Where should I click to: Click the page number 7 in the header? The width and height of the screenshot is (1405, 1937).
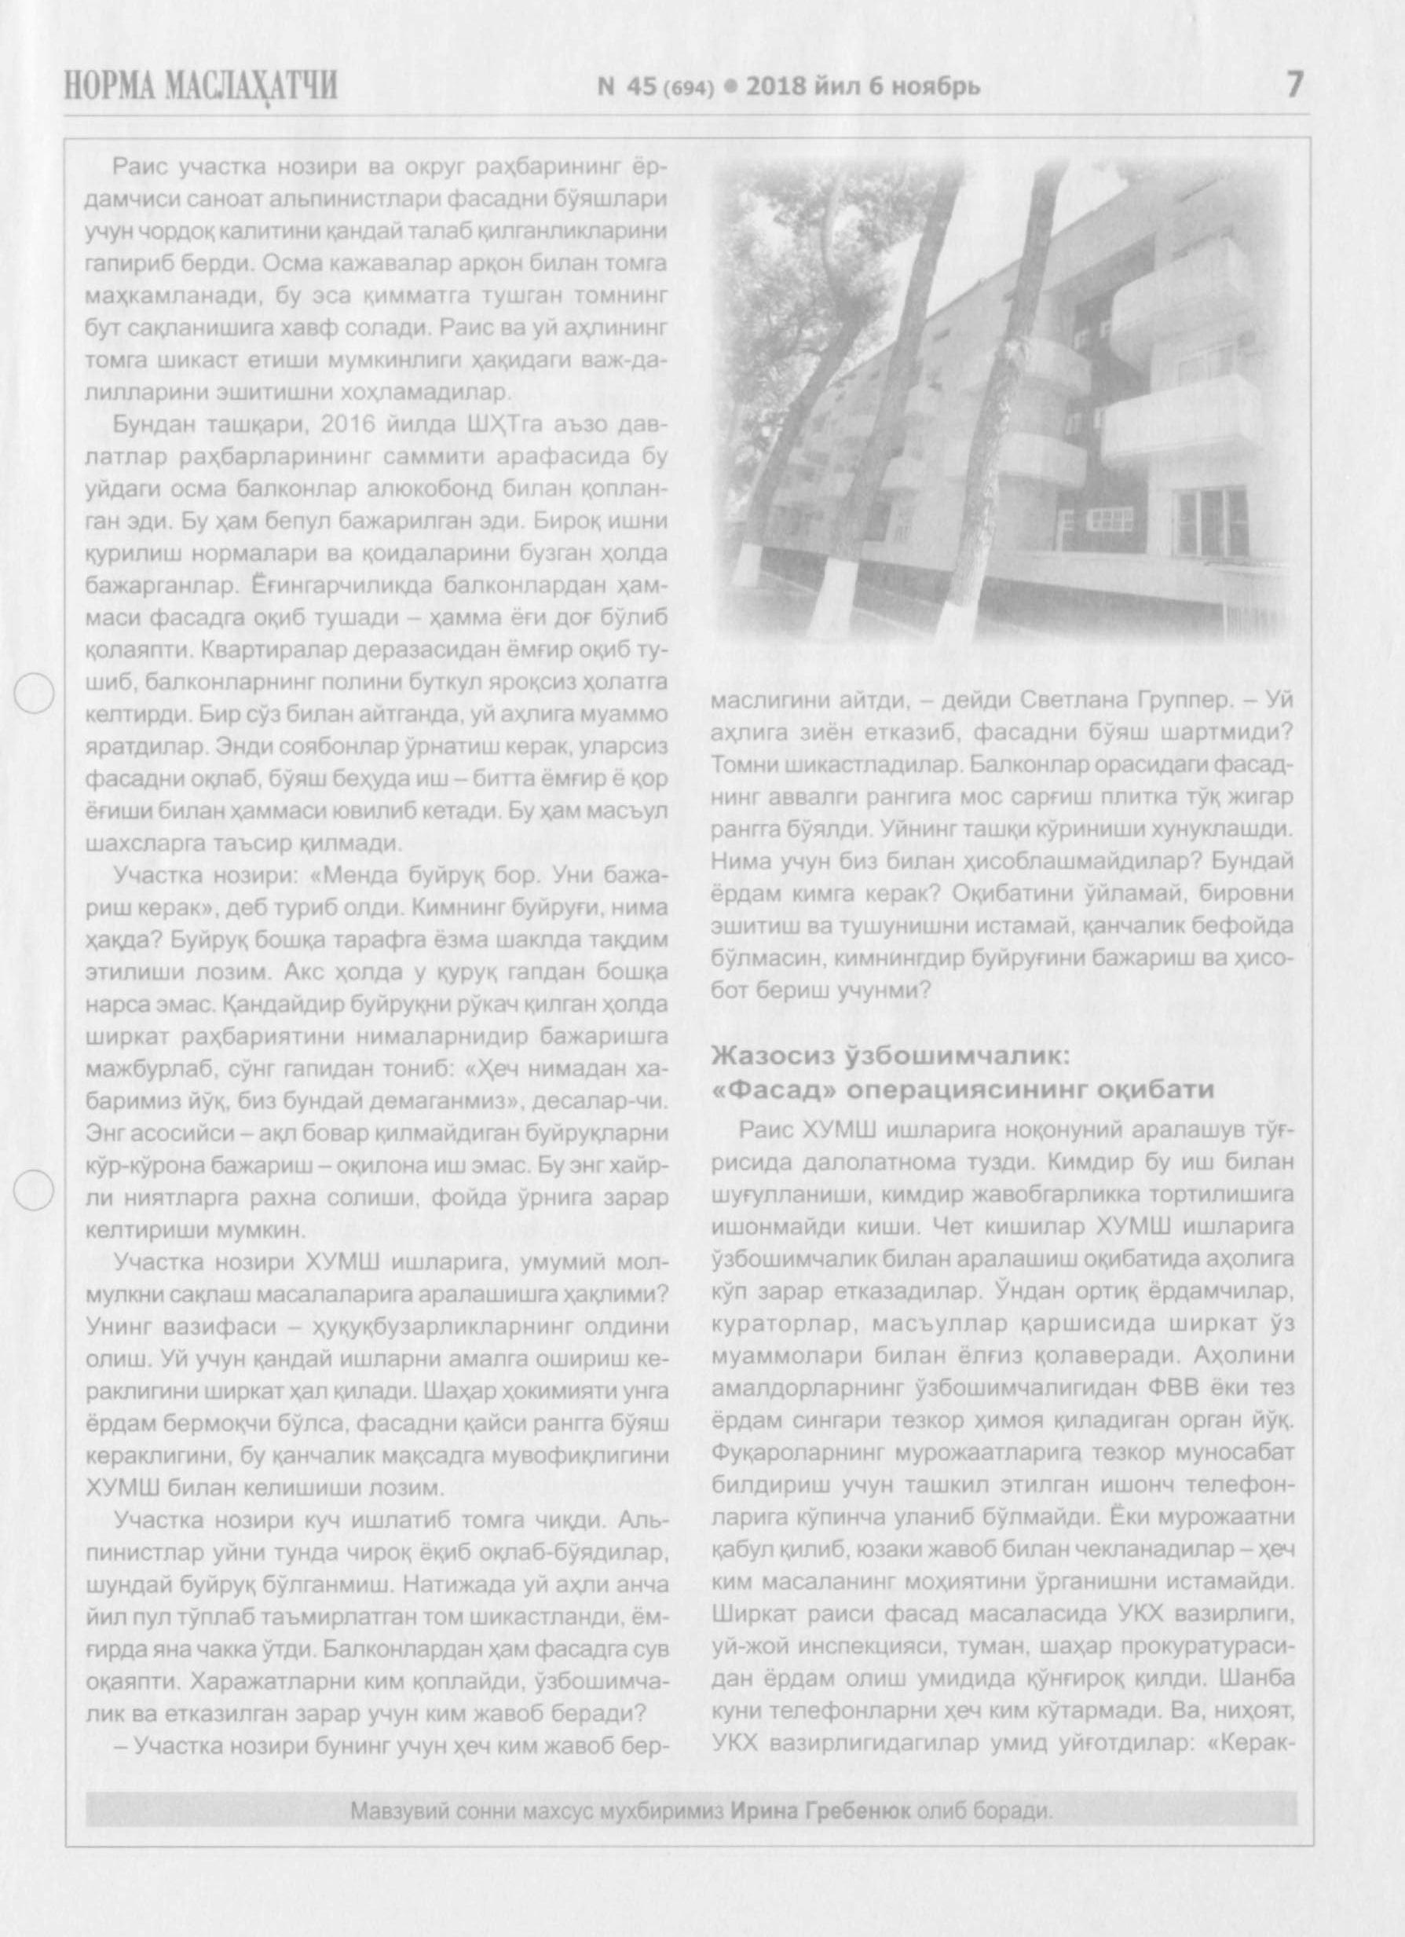coord(1294,85)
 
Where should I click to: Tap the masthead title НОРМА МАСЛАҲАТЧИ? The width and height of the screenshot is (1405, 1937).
coord(201,87)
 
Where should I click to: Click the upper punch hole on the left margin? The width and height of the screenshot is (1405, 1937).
coord(36,693)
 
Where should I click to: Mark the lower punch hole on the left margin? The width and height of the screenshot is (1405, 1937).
coord(36,1190)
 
